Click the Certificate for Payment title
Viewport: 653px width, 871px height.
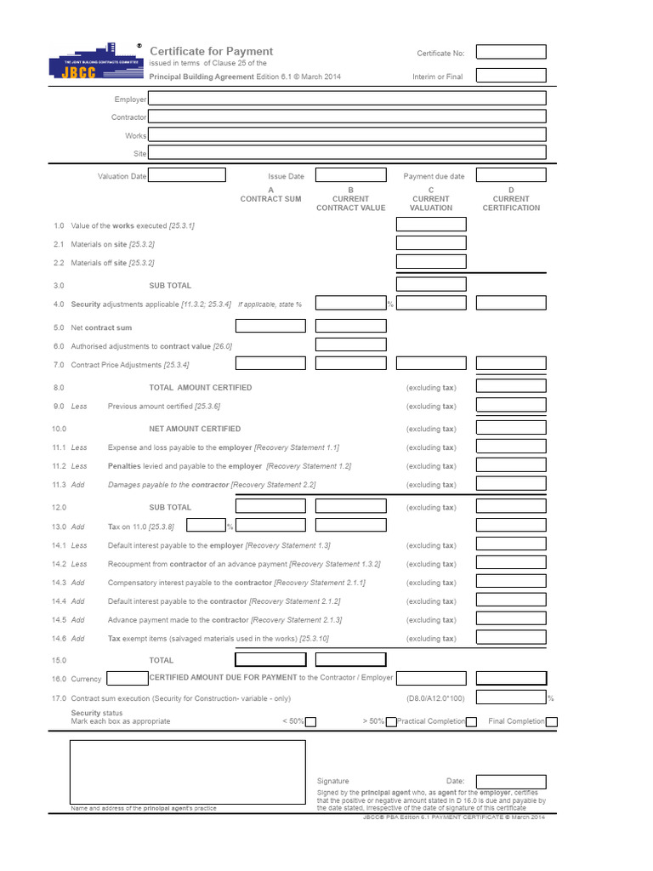tap(212, 52)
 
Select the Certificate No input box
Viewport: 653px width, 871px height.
tap(511, 52)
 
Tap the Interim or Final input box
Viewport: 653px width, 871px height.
tap(511, 76)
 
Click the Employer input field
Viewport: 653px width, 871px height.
tap(347, 99)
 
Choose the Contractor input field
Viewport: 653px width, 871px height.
tap(347, 117)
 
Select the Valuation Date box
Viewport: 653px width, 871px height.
tap(187, 175)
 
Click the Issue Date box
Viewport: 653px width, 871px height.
tap(350, 175)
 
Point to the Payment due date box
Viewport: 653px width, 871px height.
tap(511, 175)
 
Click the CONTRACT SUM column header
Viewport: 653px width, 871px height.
tap(270, 198)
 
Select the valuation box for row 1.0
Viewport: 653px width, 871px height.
tap(431, 225)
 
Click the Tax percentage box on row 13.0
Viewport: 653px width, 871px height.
tap(205, 526)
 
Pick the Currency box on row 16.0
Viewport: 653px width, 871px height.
tap(128, 678)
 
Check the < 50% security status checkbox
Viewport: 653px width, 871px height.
tap(311, 722)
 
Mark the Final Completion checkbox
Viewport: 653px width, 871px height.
tap(552, 722)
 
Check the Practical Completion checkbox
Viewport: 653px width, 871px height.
tap(391, 722)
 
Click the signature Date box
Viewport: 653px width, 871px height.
tap(511, 781)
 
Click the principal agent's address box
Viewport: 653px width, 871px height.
tap(187, 771)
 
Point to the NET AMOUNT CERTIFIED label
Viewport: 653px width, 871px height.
tap(195, 429)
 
